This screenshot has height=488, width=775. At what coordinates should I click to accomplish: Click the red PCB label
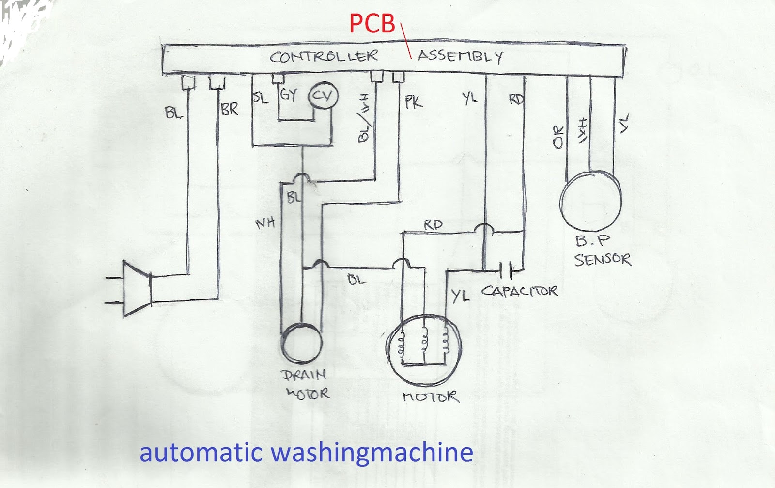pyautogui.click(x=372, y=24)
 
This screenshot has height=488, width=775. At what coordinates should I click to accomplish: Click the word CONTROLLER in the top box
pyautogui.click(x=324, y=56)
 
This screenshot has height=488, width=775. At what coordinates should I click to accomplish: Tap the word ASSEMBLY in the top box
pyautogui.click(x=460, y=56)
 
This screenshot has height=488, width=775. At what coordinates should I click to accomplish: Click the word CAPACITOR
pyautogui.click(x=519, y=291)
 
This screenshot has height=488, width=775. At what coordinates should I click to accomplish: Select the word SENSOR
pyautogui.click(x=603, y=260)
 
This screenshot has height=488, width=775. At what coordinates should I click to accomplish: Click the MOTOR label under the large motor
pyautogui.click(x=430, y=397)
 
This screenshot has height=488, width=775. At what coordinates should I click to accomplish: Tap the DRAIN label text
pyautogui.click(x=304, y=375)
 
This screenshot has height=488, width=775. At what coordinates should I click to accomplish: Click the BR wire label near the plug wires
pyautogui.click(x=229, y=110)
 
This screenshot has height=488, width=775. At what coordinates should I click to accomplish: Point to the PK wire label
pyautogui.click(x=414, y=102)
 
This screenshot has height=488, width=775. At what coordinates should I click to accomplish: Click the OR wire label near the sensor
pyautogui.click(x=558, y=137)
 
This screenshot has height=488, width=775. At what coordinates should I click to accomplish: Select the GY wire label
pyautogui.click(x=288, y=94)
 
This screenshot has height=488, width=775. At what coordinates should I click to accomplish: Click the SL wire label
pyautogui.click(x=260, y=98)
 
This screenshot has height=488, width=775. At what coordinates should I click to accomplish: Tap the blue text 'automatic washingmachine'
pyautogui.click(x=306, y=453)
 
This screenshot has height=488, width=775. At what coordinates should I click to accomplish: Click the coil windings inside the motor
pyautogui.click(x=425, y=341)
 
